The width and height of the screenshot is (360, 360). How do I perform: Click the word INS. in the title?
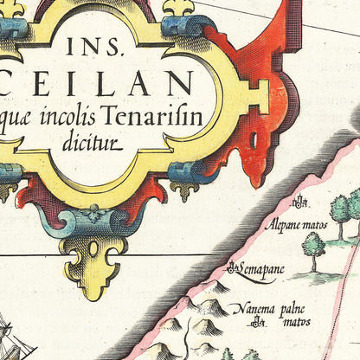pos(112,48)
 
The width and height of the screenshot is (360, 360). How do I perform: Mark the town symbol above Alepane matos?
pos(299,204)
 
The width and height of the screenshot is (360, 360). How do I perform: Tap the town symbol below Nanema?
pos(259,325)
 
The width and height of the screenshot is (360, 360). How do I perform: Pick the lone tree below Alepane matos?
pos(312,247)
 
